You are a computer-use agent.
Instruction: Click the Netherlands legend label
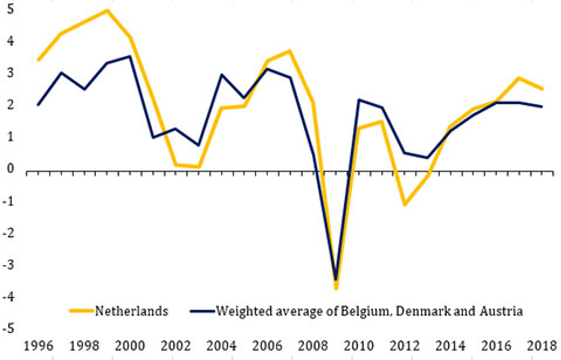131,311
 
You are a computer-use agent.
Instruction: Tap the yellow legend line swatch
82,311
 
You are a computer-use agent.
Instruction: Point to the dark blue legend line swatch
202,311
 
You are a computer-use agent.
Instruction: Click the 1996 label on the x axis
39,346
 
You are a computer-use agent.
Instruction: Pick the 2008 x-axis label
313,346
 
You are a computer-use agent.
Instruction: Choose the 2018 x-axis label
542,346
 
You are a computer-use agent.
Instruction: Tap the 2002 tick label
176,346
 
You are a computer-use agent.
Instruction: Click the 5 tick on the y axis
10,9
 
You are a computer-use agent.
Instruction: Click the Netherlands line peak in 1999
107,10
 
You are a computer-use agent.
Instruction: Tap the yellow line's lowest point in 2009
336,288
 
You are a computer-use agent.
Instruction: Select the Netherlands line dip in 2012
405,204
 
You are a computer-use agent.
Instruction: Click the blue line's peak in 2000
130,56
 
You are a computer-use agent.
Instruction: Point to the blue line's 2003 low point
199,145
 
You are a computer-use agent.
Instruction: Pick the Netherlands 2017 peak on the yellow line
519,78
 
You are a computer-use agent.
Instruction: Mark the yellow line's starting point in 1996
39,60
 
